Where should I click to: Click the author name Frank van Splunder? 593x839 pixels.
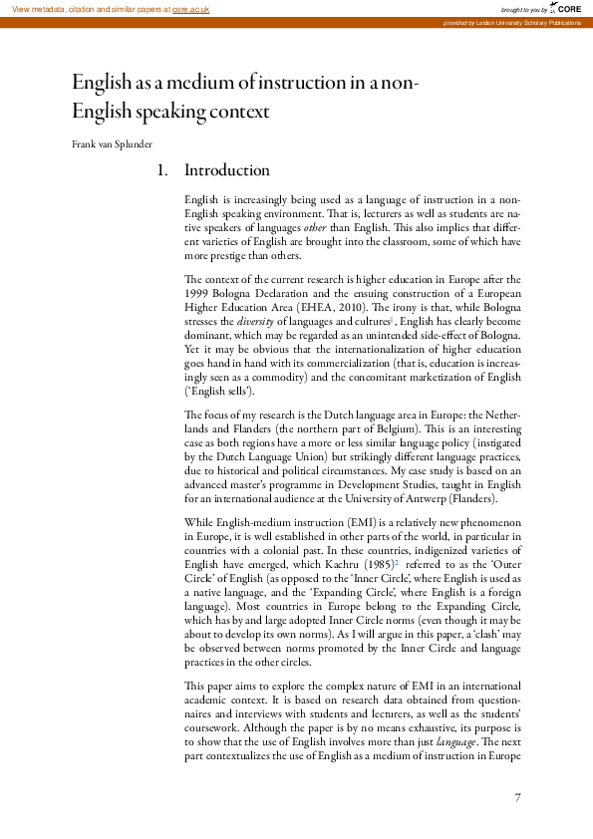(112, 144)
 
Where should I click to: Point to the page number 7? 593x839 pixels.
(518, 797)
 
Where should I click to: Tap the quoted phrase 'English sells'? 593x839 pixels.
(220, 392)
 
